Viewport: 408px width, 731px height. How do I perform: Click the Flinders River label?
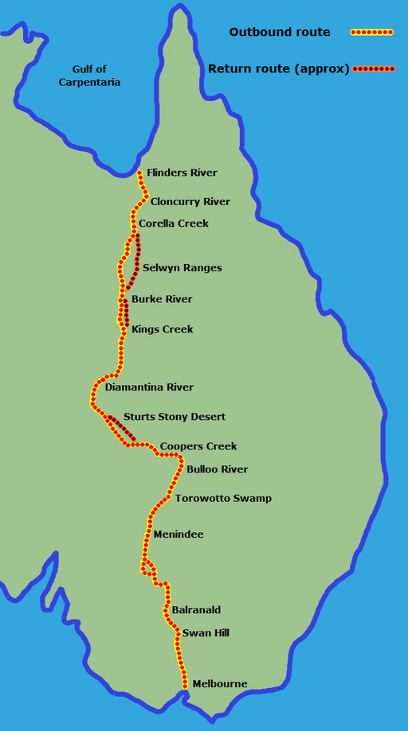[x=182, y=173]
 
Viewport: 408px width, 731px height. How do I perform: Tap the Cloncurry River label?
[x=190, y=202]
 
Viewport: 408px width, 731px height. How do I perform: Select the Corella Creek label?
[x=174, y=224]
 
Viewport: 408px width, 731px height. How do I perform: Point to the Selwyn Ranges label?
[x=182, y=268]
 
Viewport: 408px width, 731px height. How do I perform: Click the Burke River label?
[x=162, y=299]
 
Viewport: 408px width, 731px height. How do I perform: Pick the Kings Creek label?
[x=162, y=329]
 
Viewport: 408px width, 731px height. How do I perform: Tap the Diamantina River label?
[x=149, y=387]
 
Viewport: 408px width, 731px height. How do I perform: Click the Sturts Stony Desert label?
[x=175, y=417]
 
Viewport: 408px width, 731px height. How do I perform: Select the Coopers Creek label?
[x=198, y=446]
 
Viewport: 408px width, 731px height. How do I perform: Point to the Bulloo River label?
[x=217, y=469]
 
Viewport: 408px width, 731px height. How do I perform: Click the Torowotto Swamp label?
[x=223, y=499]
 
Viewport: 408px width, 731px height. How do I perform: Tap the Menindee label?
[x=178, y=535]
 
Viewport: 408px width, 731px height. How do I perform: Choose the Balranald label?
[x=196, y=610]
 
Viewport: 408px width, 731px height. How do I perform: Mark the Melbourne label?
[x=220, y=684]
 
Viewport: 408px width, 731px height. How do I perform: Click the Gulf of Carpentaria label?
[x=89, y=76]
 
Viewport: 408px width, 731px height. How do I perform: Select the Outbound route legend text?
[x=280, y=33]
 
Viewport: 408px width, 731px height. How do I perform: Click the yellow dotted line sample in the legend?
[x=372, y=33]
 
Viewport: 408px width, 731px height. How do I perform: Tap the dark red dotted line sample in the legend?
[x=374, y=69]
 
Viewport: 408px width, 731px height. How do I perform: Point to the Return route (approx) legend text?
[x=279, y=69]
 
